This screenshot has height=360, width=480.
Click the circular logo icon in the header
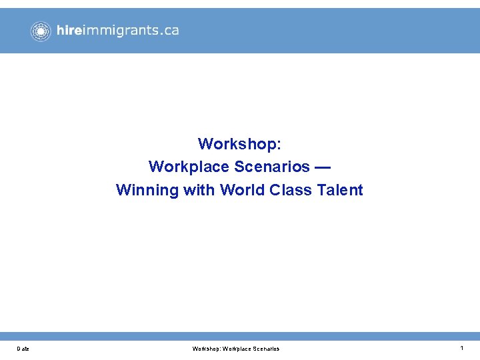click(x=41, y=31)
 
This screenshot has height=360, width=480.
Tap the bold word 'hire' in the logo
click(x=69, y=30)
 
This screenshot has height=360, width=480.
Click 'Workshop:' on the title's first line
click(x=239, y=144)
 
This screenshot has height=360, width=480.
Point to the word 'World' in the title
click(x=243, y=190)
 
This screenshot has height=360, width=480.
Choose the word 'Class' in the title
click(x=291, y=190)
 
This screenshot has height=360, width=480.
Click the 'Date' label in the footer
click(x=23, y=349)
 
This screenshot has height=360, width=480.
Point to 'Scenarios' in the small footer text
click(x=266, y=349)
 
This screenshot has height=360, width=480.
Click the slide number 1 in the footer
click(x=461, y=348)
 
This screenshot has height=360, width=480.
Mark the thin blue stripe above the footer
click(x=240, y=336)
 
